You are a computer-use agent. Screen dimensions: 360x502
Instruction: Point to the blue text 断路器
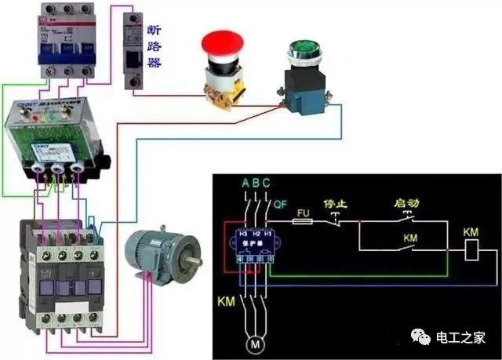point(154,45)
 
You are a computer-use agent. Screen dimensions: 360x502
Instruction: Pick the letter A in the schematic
point(246,184)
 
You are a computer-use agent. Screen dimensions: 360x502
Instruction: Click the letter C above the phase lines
point(267,184)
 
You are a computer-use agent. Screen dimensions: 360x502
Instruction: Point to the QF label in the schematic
point(281,205)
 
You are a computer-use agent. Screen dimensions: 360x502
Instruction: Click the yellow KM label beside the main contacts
point(225,300)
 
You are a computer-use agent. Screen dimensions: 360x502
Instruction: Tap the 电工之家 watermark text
point(463,338)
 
